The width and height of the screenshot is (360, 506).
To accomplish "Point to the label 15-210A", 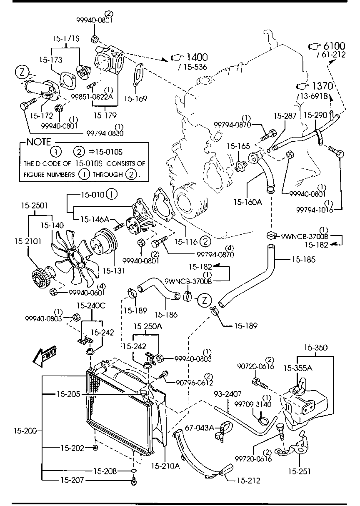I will pyautogui.click(x=165, y=466).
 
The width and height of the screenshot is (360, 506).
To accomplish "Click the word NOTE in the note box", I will pyautogui.click(x=38, y=142).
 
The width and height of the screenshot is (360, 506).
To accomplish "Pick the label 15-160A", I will pyautogui.click(x=247, y=202).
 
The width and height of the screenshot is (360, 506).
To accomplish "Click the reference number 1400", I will pyautogui.click(x=197, y=58).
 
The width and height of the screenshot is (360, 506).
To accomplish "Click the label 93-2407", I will pyautogui.click(x=227, y=393).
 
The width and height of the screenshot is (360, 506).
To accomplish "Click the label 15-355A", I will pyautogui.click(x=297, y=368).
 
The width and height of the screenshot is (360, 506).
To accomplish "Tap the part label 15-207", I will pyautogui.click(x=73, y=481).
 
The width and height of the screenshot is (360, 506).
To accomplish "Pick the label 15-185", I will pyautogui.click(x=303, y=259).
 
